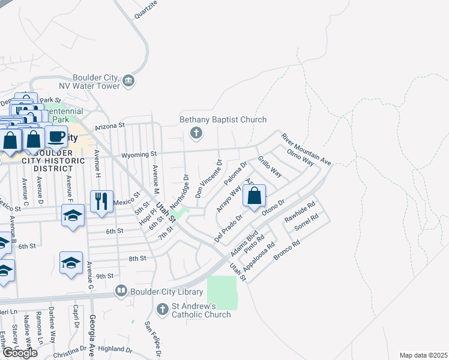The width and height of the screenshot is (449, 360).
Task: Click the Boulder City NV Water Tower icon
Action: (x=128, y=81)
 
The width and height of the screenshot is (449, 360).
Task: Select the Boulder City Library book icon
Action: (x=122, y=292)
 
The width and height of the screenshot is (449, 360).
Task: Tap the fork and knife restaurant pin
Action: (x=101, y=201)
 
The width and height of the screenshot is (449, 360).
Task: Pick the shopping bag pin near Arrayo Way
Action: (x=254, y=196)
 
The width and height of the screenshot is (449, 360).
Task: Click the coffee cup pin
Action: (x=56, y=137)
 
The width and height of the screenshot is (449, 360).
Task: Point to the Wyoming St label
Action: (x=139, y=155)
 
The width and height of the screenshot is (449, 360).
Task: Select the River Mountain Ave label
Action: (x=306, y=149)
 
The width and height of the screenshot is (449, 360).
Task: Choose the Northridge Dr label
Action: (x=178, y=190)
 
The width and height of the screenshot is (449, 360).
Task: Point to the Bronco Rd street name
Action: (x=286, y=251)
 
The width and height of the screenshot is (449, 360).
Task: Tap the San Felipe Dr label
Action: (x=154, y=340)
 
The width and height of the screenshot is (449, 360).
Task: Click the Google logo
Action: (x=19, y=353)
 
